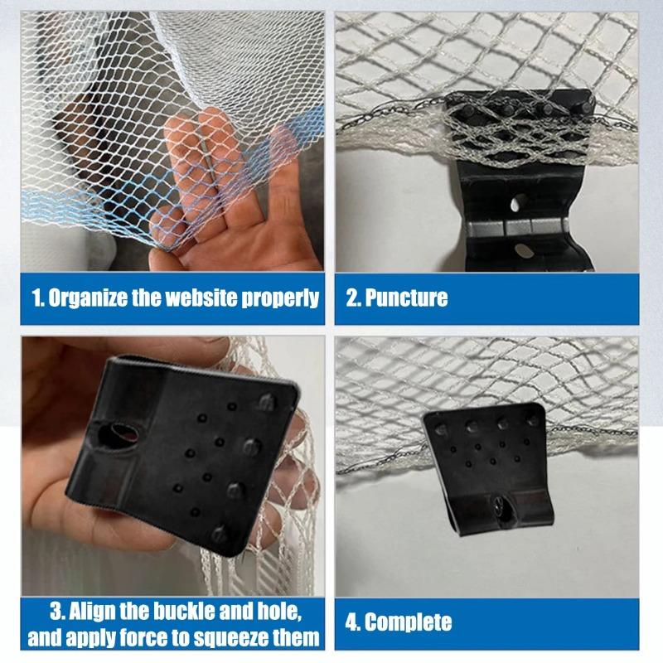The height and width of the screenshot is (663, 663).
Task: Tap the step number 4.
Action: click(351, 622)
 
